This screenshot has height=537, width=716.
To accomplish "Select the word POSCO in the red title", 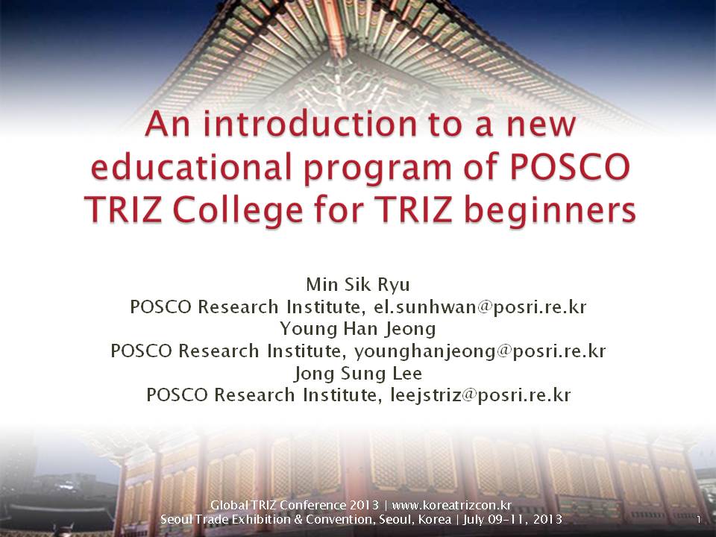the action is [571, 166].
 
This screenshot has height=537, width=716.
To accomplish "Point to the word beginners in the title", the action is [550, 211].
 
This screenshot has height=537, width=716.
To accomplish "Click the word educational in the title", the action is [192, 166].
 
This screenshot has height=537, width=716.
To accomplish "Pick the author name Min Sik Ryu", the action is [358, 284].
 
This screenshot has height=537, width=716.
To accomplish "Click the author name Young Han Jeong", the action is [358, 329].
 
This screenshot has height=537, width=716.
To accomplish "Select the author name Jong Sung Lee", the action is [358, 373].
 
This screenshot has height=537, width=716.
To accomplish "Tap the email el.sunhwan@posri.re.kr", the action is [480, 307].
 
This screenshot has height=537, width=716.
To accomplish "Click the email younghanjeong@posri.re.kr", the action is [480, 351].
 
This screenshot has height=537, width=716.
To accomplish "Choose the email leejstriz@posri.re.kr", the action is [480, 395].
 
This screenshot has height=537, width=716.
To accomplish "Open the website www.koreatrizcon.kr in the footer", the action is [452, 505].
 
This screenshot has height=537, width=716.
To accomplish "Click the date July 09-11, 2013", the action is [512, 520].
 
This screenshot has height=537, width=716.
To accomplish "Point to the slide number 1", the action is [699, 520].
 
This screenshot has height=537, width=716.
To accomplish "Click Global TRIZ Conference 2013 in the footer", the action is [295, 505].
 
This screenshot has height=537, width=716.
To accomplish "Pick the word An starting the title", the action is [167, 125].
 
